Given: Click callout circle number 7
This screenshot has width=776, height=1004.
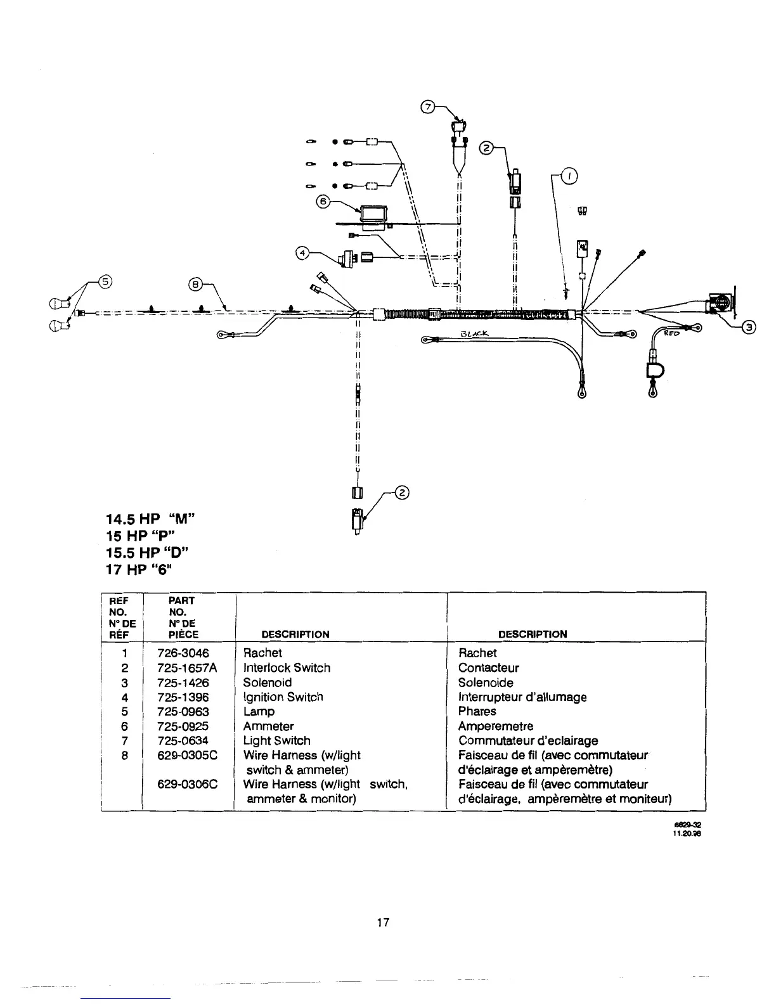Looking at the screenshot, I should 428,107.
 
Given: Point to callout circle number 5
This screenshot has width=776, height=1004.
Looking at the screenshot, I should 105,283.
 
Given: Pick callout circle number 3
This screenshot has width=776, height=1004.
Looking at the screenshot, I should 750,328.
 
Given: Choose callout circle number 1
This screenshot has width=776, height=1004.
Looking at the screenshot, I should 569,177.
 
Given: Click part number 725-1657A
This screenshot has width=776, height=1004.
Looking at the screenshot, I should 186,667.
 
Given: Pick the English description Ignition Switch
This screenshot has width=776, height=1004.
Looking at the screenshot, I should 283,697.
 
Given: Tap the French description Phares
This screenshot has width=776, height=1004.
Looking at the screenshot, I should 477,711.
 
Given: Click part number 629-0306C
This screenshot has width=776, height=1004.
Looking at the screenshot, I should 187,784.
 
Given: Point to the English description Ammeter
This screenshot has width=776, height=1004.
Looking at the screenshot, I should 268,726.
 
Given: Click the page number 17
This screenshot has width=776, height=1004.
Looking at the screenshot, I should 382,922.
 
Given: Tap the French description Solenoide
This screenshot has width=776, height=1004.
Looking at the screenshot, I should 486,683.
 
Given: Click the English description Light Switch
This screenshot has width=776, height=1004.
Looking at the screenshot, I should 276,740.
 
